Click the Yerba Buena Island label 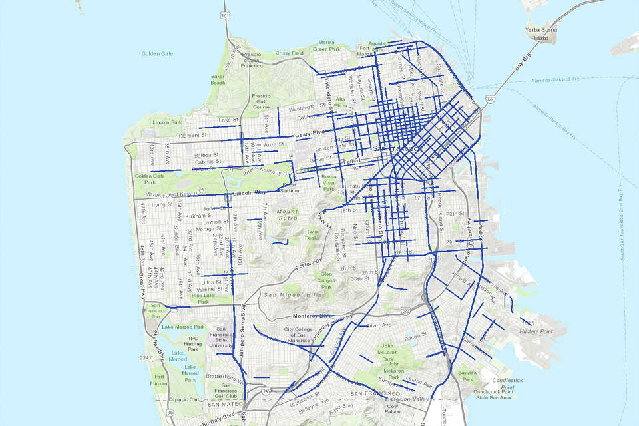click(544, 35)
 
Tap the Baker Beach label click(218, 79)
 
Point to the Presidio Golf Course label click(261, 101)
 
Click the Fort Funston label click(158, 381)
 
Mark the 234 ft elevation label click(147, 358)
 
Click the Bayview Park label click(467, 376)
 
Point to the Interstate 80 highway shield click(489, 99)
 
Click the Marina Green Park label click(326, 45)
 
